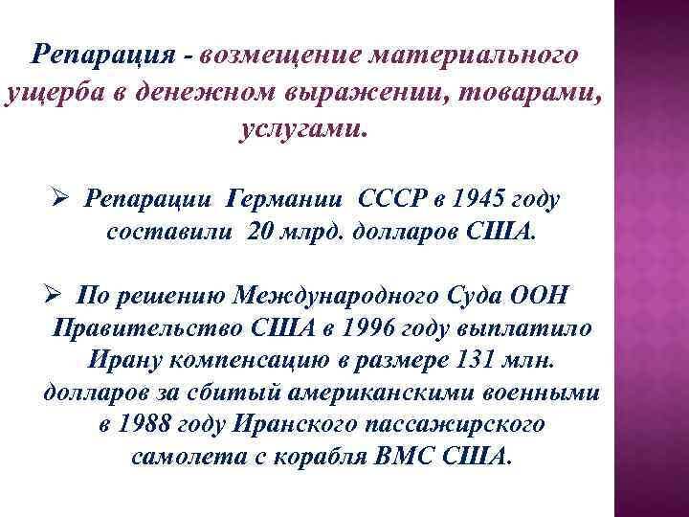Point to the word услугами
303,130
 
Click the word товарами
528,93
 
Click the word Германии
284,199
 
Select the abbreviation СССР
392,199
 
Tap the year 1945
478,199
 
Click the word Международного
335,296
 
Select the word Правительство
147,327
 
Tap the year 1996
367,327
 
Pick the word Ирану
124,361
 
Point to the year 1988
144,425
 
